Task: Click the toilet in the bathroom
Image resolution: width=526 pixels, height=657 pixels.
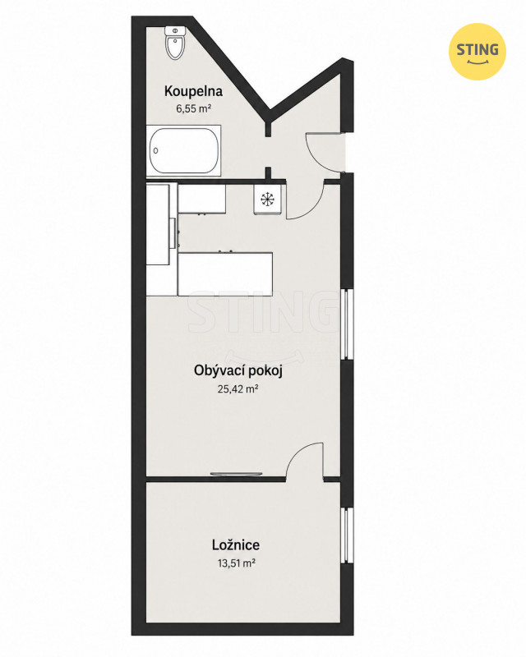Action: [x=175, y=43]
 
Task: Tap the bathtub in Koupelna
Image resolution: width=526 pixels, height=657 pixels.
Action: [x=184, y=151]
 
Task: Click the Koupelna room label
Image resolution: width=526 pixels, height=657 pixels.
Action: [x=193, y=91]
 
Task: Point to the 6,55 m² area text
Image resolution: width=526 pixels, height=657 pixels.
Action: [x=193, y=109]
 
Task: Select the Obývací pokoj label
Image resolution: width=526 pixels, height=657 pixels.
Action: [x=238, y=371]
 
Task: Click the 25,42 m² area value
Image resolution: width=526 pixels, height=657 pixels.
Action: [x=238, y=389]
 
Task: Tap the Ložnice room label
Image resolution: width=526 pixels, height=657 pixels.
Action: [x=236, y=544]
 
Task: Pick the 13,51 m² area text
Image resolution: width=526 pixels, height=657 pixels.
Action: [x=237, y=563]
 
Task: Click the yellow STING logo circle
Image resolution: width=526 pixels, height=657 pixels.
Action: [x=478, y=52]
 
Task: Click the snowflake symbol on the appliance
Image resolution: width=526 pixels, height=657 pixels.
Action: [x=266, y=199]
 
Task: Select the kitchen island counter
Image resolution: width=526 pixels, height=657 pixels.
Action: [x=225, y=274]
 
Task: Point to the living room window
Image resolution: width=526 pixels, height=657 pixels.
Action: [x=347, y=324]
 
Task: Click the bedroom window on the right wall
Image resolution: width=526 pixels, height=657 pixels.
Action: [x=347, y=535]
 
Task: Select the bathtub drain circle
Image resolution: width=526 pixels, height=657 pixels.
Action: [x=155, y=151]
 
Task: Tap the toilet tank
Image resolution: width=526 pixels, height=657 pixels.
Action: [x=175, y=30]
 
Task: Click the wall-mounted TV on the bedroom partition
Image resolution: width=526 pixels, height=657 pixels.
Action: [x=236, y=474]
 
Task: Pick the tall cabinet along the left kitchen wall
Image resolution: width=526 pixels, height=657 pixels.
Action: [x=158, y=223]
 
